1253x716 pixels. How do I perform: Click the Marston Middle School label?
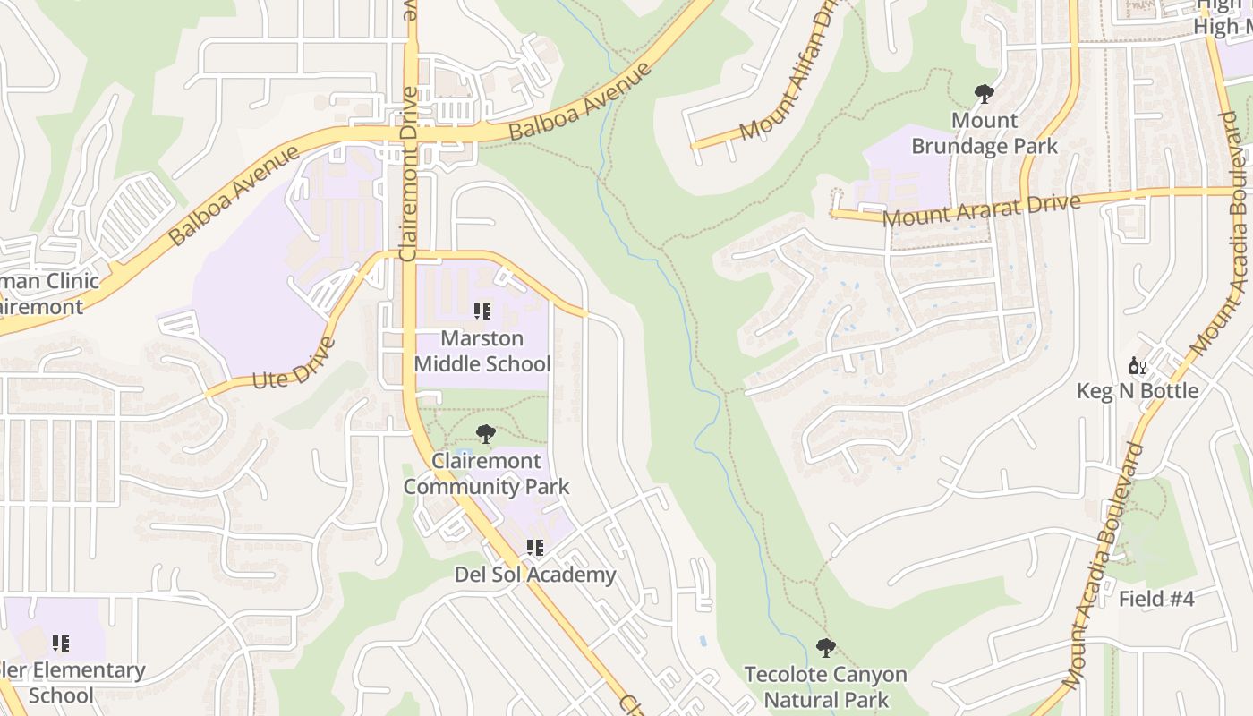pyautogui.click(x=482, y=352)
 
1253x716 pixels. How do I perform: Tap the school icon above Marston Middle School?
pyautogui.click(x=482, y=311)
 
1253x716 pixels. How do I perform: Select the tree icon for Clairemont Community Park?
pyautogui.click(x=485, y=435)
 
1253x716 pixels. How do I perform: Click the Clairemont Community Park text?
pyautogui.click(x=486, y=473)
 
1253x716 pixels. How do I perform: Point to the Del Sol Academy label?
pyautogui.click(x=535, y=575)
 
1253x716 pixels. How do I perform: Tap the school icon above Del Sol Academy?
pyautogui.click(x=535, y=547)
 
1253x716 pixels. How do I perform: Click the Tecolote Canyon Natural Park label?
pyautogui.click(x=825, y=686)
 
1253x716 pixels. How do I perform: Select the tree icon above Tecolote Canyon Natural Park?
pyautogui.click(x=825, y=647)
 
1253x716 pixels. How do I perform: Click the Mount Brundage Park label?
pyautogui.click(x=984, y=133)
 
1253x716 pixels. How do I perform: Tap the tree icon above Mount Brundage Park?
pyautogui.click(x=984, y=93)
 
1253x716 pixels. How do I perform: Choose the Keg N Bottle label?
pyautogui.click(x=1138, y=391)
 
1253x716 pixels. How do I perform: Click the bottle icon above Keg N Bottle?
pyautogui.click(x=1138, y=365)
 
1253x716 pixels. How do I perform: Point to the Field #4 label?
pyautogui.click(x=1156, y=599)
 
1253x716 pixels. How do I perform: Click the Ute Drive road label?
pyautogui.click(x=294, y=362)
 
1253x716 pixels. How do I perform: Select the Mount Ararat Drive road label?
pyautogui.click(x=981, y=209)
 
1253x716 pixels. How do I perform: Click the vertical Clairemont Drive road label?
pyautogui.click(x=409, y=174)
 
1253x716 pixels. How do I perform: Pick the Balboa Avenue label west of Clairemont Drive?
pyautogui.click(x=234, y=195)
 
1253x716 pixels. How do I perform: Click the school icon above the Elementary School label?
pyautogui.click(x=61, y=643)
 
